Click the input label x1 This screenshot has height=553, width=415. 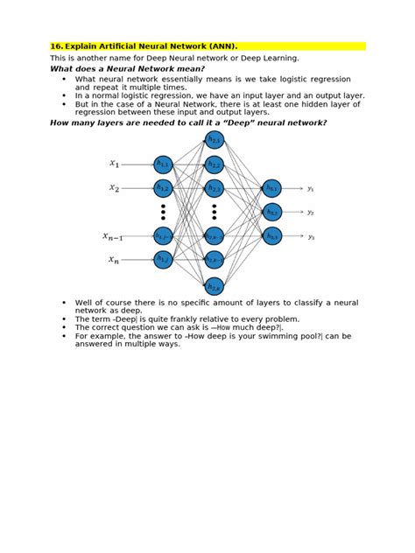114,164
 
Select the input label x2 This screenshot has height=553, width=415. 114,187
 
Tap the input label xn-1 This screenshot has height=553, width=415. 113,236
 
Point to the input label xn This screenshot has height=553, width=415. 114,260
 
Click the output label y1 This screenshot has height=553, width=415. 311,188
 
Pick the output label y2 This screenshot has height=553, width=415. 311,212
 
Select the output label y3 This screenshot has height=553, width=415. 311,236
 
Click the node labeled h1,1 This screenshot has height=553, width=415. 163,164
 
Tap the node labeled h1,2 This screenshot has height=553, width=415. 163,187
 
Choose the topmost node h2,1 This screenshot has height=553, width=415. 215,140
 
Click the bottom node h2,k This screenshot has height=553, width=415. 215,285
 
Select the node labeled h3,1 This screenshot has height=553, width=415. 272,188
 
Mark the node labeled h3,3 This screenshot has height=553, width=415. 272,235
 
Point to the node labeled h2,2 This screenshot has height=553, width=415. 215,164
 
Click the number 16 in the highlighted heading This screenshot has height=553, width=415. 56,45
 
